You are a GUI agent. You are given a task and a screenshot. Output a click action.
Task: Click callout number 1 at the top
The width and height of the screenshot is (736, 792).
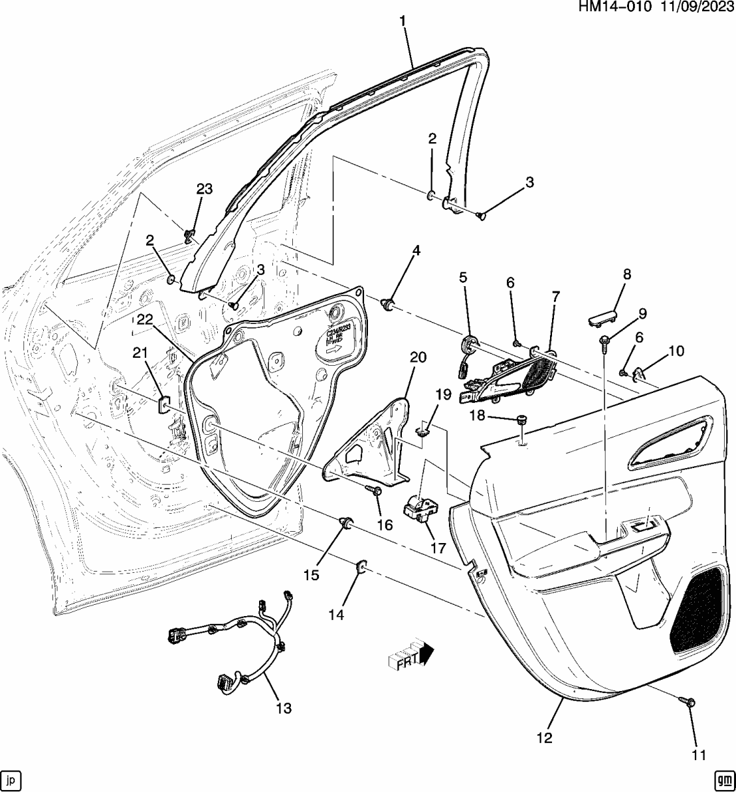coord(403,21)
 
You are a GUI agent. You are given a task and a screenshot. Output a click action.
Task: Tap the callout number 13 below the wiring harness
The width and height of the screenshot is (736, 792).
coord(284,708)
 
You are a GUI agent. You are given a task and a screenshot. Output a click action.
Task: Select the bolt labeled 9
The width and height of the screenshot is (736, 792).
coord(604,341)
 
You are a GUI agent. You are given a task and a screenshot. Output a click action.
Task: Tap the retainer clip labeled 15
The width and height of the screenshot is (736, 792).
coord(346,522)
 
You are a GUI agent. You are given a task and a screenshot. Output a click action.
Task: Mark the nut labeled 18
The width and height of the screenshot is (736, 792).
coord(521,420)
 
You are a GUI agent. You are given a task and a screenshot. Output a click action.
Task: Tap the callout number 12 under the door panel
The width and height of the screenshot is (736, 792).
coord(544,738)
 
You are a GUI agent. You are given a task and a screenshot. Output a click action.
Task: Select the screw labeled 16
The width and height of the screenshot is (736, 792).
coord(376,492)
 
